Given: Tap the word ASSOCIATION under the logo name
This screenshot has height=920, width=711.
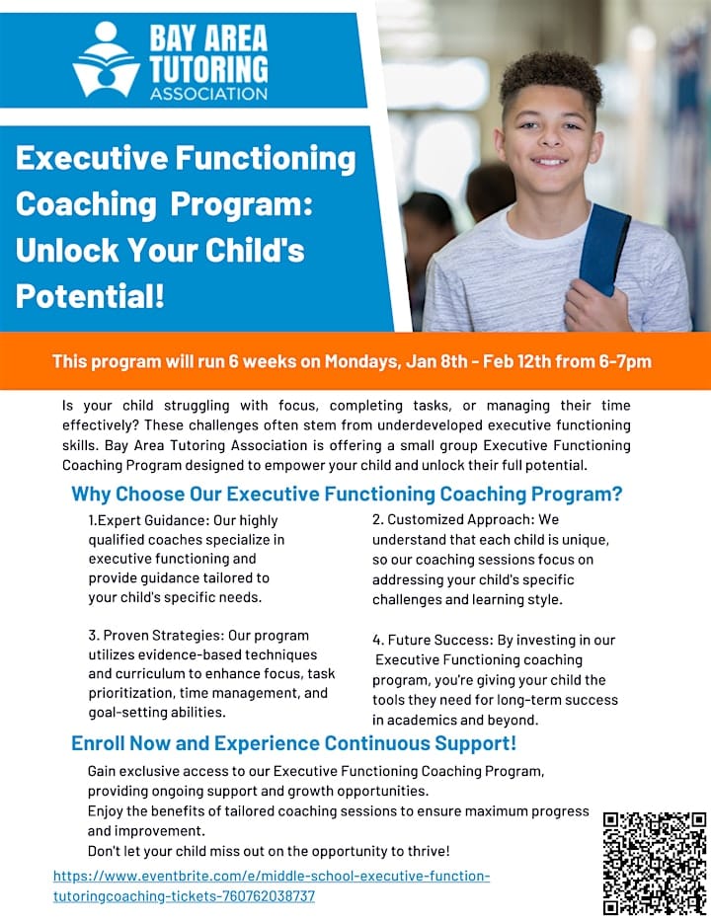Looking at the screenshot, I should [x=208, y=94].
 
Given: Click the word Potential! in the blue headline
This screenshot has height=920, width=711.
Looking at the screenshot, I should [x=90, y=295].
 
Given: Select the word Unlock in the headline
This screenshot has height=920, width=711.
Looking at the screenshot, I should [x=64, y=250].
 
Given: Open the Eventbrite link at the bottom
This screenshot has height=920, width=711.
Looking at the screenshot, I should [x=271, y=885].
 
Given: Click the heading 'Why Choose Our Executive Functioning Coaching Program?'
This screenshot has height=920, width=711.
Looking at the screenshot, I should [x=354, y=494].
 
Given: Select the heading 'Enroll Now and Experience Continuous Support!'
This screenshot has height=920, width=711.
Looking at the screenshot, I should [x=293, y=743].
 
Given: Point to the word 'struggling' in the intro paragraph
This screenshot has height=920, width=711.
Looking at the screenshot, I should [x=180, y=406].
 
